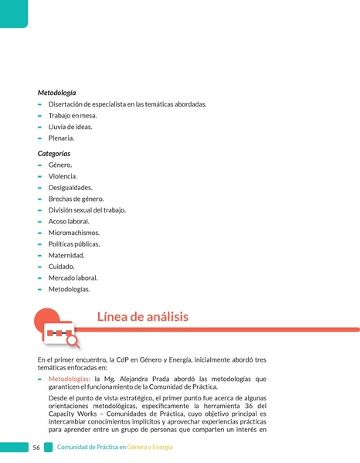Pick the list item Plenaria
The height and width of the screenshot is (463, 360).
click(x=61, y=138)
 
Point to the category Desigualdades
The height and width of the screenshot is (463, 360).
click(x=70, y=188)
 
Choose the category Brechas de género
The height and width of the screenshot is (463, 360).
click(x=76, y=199)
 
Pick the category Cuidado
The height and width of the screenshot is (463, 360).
click(x=62, y=266)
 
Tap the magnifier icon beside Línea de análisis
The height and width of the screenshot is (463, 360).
click(x=72, y=339)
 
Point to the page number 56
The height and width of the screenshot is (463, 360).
click(x=36, y=448)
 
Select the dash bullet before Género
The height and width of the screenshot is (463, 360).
click(x=39, y=165)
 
